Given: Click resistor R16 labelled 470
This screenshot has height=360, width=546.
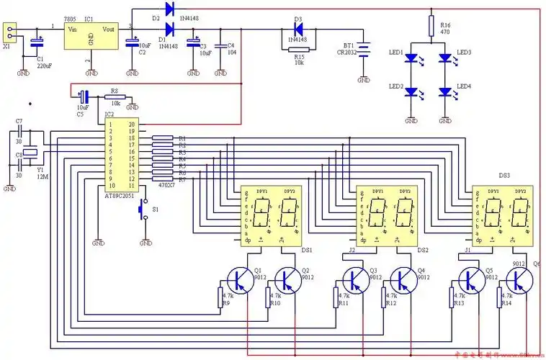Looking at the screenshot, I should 431,27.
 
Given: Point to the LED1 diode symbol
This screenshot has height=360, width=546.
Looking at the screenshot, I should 411,56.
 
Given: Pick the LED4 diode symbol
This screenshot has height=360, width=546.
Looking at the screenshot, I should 445,91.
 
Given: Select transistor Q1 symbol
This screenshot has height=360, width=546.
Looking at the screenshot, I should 238,278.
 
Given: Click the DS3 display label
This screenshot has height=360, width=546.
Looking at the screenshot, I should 504,175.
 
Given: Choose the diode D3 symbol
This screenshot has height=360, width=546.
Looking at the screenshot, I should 297,30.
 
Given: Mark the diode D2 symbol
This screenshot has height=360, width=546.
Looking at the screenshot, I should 170,9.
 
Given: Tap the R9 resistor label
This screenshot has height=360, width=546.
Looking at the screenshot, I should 225,304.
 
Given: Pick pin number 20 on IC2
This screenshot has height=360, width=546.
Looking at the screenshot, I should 131,125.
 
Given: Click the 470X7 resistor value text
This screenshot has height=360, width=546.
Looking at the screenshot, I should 167,186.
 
